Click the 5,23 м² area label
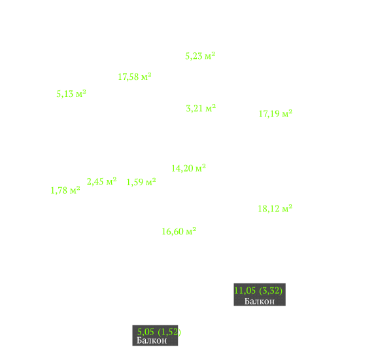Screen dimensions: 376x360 click(200, 56)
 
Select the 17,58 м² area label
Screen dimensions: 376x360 click(135, 77)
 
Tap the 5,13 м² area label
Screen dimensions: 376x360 click(71, 94)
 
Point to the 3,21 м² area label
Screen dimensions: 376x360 click(201, 108)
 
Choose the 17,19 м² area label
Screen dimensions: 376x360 click(275, 113)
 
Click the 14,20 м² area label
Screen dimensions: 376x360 click(188, 168)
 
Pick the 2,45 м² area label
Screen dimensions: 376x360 click(101, 181)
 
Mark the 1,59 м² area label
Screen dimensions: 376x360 click(141, 182)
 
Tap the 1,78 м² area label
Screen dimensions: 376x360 click(65, 190)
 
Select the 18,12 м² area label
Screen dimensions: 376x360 click(275, 209)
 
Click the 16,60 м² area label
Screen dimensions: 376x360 click(179, 231)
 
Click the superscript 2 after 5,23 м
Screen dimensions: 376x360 click(213, 54)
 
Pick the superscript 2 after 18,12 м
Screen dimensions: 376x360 click(290, 206)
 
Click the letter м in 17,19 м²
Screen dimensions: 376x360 click(285, 115)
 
